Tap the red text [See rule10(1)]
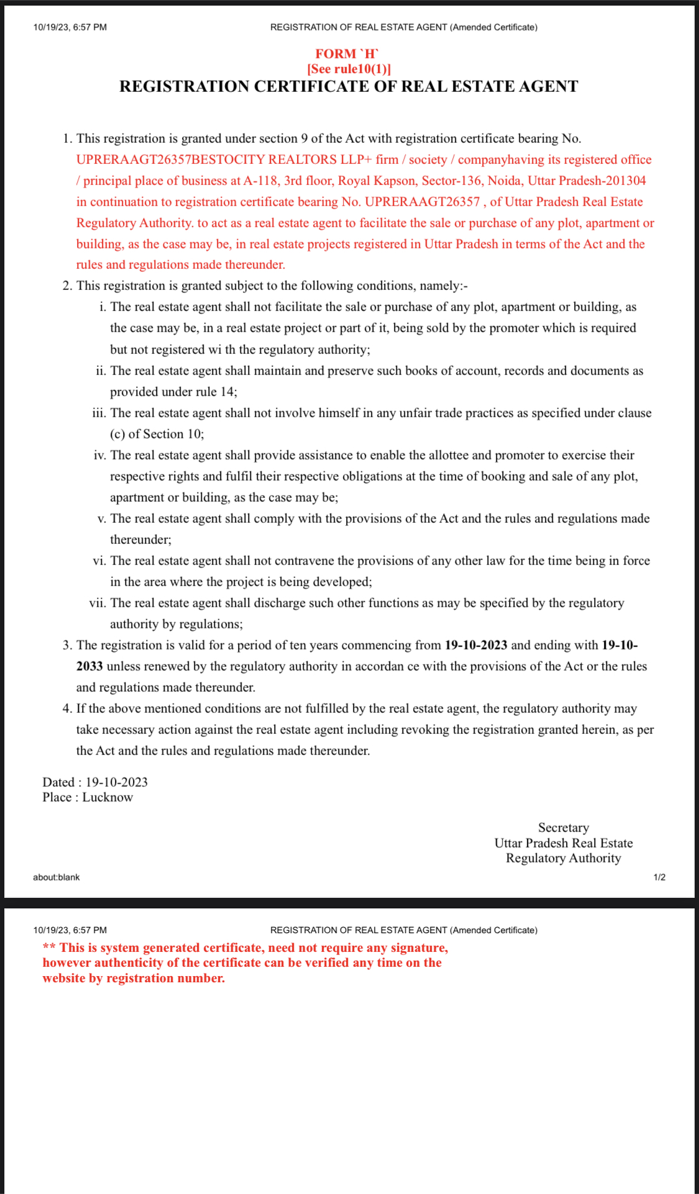(x=349, y=69)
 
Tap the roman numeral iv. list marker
(x=99, y=455)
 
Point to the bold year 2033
(x=89, y=666)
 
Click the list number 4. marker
(x=67, y=708)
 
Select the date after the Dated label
(x=116, y=782)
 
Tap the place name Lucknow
(x=107, y=797)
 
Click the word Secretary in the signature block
(x=563, y=828)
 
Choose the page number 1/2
(x=659, y=877)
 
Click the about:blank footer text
(x=57, y=877)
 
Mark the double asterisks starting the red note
(x=49, y=948)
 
